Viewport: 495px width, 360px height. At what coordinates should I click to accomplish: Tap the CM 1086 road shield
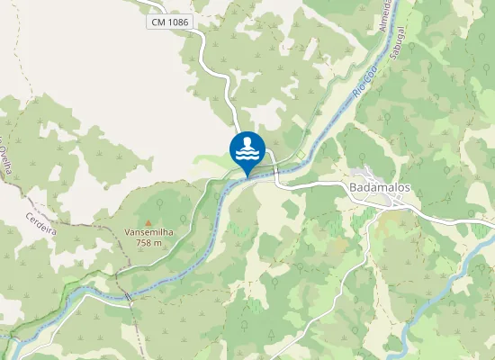point(170,21)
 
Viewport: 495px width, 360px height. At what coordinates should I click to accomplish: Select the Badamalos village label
point(378,187)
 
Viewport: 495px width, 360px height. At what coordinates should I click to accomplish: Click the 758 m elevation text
point(148,243)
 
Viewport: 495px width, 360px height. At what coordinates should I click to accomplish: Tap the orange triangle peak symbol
point(148,221)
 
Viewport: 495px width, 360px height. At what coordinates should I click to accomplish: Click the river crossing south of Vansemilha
point(128,296)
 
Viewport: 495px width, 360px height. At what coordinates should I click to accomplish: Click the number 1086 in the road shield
point(177,21)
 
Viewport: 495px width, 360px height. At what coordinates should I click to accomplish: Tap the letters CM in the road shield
point(158,21)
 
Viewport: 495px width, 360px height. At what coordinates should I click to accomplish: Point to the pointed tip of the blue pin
point(247,175)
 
